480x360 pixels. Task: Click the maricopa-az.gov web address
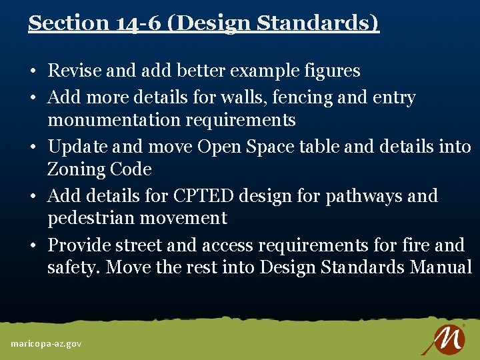(x=46, y=344)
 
